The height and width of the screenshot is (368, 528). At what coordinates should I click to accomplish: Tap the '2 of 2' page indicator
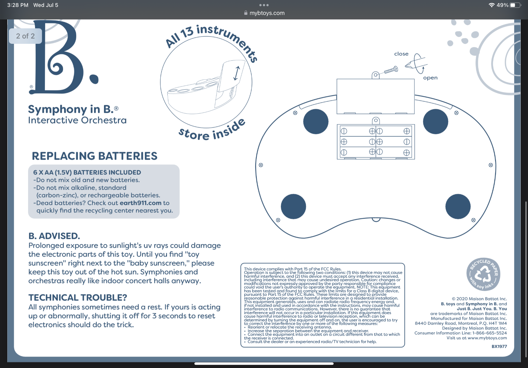tap(25, 36)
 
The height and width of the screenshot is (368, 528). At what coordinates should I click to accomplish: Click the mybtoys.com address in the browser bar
tap(267, 13)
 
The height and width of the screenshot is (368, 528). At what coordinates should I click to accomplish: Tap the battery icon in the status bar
tap(515, 5)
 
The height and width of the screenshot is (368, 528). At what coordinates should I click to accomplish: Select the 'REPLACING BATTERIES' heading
tap(94, 156)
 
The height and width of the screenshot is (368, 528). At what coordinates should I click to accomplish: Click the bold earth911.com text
tap(141, 203)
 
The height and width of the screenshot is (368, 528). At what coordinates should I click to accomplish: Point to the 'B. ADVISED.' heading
tap(54, 236)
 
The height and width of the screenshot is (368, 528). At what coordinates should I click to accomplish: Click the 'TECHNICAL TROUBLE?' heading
tap(78, 297)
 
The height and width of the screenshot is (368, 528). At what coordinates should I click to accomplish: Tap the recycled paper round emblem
tap(483, 274)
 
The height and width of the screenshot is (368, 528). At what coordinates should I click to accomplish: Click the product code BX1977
tap(499, 346)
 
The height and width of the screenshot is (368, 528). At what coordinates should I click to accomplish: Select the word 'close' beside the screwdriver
tap(401, 54)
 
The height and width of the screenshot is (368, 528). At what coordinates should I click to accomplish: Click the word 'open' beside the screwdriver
tap(430, 78)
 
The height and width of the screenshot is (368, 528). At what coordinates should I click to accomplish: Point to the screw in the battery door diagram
tap(391, 70)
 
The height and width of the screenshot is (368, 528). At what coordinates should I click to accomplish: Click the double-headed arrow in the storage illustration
tap(237, 73)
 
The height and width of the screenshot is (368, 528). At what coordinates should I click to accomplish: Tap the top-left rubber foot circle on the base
tap(315, 122)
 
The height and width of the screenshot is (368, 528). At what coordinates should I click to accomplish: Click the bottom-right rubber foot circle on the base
tap(458, 206)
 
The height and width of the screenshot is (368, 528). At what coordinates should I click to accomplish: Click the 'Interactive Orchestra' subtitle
tap(77, 120)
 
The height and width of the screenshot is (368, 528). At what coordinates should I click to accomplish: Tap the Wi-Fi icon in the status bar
tap(491, 5)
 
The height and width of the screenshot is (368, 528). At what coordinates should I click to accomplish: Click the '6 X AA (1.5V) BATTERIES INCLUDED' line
tap(87, 173)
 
